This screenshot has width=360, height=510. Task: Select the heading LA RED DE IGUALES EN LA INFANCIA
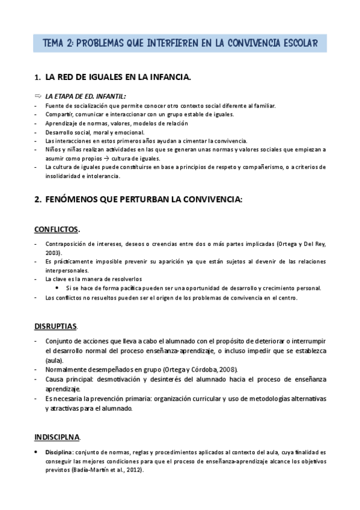click(x=118, y=77)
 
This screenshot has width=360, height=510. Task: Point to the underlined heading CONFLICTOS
click(x=56, y=229)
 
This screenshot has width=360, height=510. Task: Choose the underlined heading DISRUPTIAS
click(x=56, y=327)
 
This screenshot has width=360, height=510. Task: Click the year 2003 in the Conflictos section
click(x=54, y=253)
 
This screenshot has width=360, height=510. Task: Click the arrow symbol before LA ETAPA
click(x=38, y=96)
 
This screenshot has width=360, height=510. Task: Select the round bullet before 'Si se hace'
click(x=57, y=287)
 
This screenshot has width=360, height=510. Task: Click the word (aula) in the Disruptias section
click(x=53, y=359)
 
